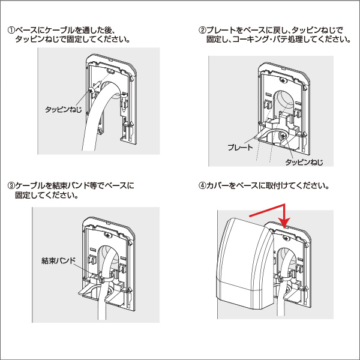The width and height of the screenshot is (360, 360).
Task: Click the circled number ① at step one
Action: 10,30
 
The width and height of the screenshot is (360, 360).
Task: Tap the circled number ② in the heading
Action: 202,30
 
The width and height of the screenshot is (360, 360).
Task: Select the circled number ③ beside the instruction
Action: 10,186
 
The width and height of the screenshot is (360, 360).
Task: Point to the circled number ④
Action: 202,186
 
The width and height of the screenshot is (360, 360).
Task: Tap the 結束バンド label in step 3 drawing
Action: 58,260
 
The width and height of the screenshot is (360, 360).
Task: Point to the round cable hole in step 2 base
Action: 283,99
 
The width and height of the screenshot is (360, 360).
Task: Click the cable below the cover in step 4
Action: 282,306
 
